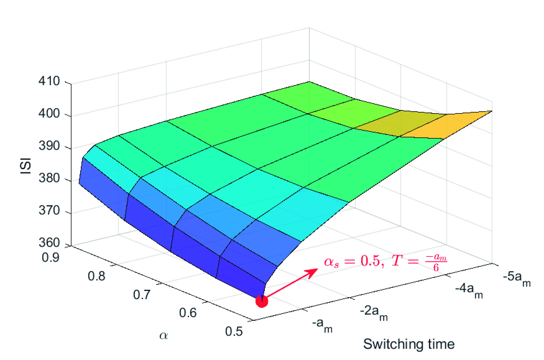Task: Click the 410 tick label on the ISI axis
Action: click(x=49, y=82)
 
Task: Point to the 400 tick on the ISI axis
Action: click(x=49, y=114)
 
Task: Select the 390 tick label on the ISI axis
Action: click(x=49, y=146)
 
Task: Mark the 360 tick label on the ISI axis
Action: click(x=49, y=242)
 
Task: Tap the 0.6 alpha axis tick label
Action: click(x=188, y=312)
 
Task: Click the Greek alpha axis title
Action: click(x=164, y=335)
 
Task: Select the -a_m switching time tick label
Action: click(x=322, y=325)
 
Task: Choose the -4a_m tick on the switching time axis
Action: click(x=469, y=290)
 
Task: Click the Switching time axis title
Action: click(x=409, y=344)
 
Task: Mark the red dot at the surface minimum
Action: click(x=261, y=301)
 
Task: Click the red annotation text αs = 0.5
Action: click(x=351, y=262)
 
